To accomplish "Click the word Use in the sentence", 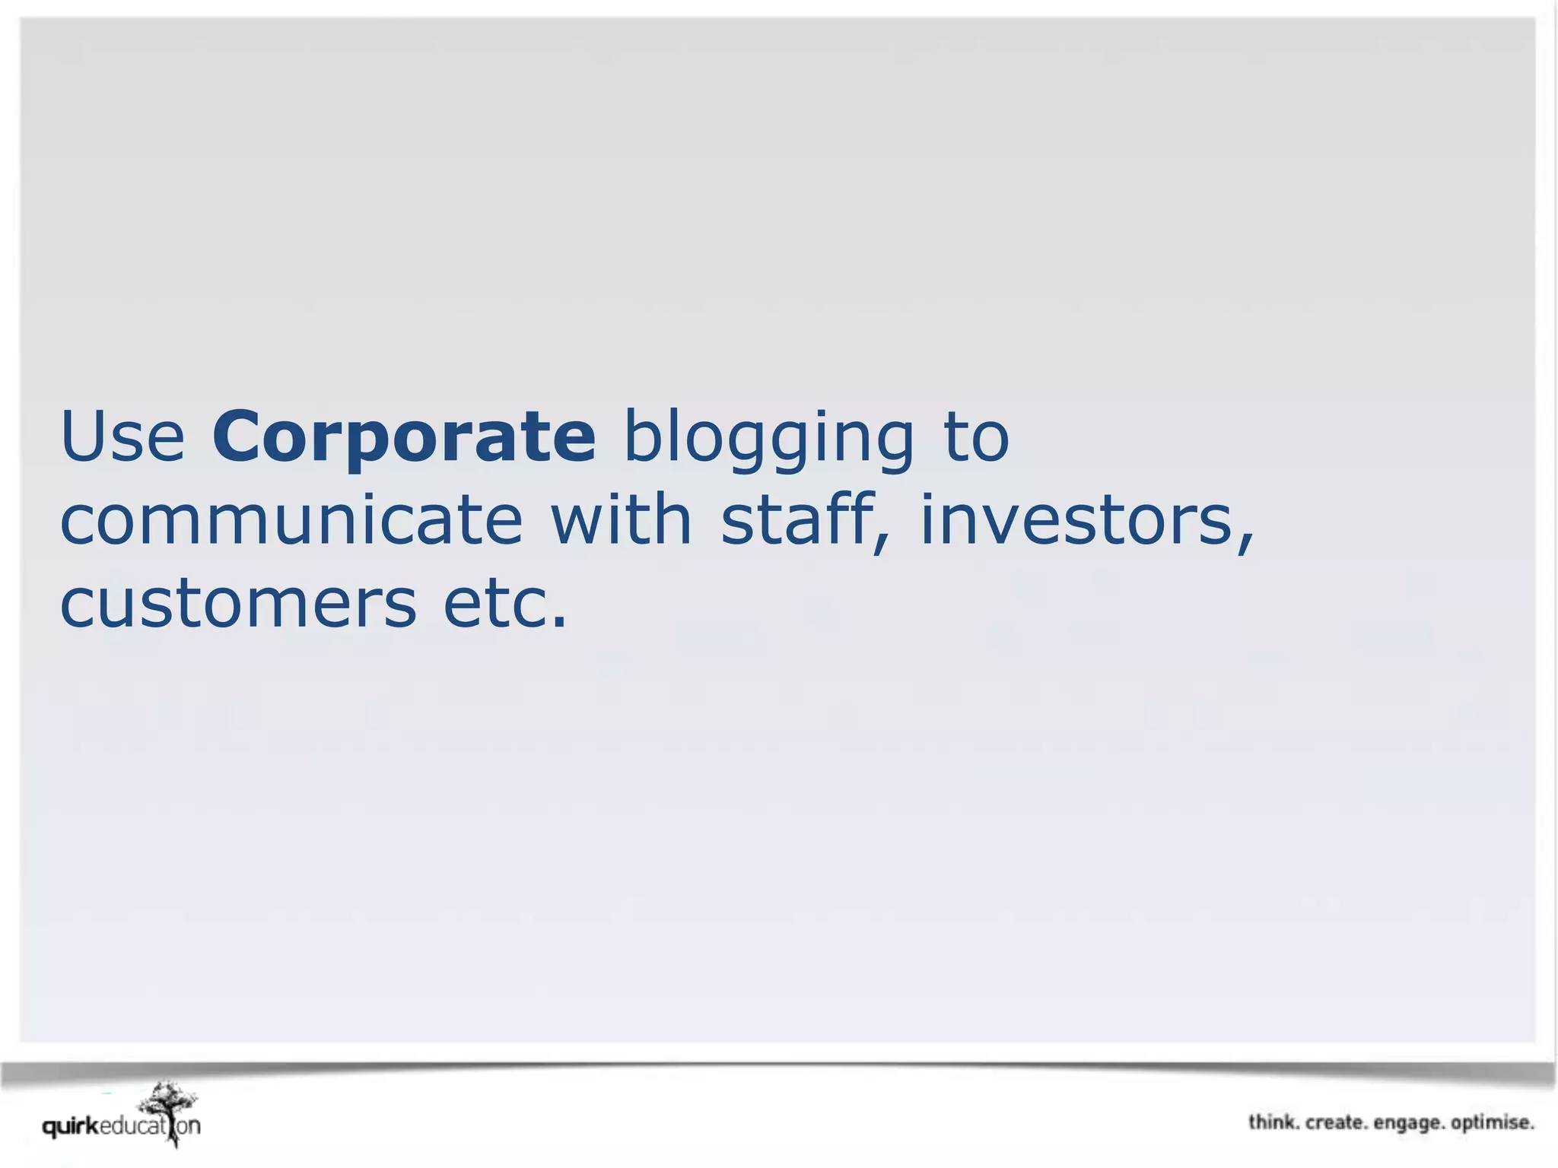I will [122, 436].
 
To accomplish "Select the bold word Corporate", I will [404, 436].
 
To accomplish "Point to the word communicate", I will [291, 520].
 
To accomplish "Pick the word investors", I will [1076, 520].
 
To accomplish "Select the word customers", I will [238, 604].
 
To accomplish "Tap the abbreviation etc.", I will [505, 604].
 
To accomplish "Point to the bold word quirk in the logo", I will [71, 1126].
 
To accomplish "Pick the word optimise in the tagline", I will [1493, 1123].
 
